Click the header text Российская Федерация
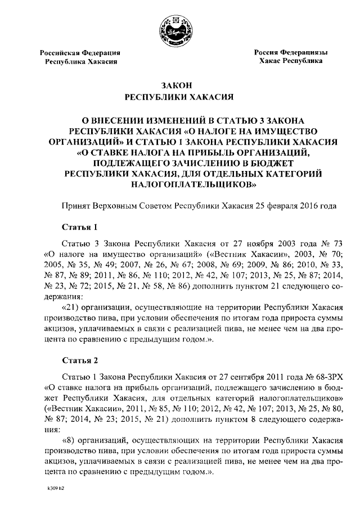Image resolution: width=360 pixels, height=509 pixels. click(x=81, y=52)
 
